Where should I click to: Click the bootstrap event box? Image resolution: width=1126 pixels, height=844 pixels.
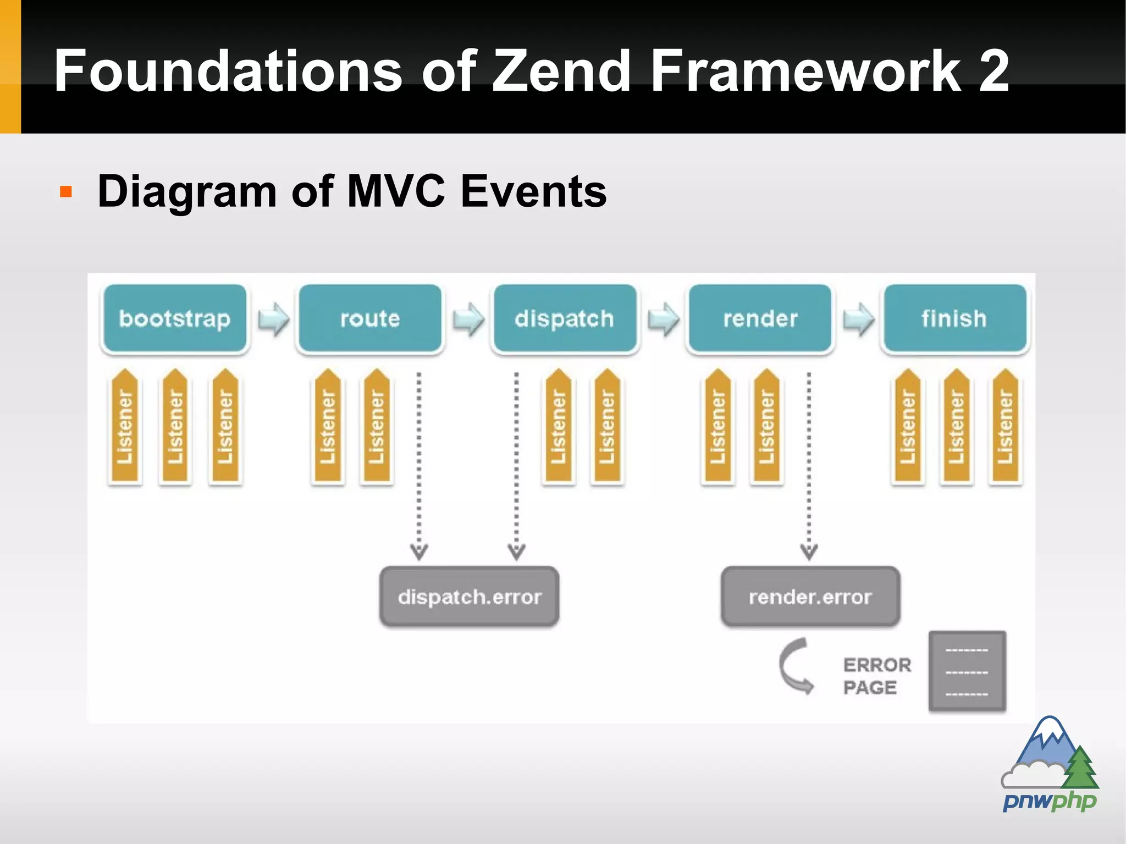point(175,318)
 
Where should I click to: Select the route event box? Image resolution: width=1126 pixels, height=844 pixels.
point(369,318)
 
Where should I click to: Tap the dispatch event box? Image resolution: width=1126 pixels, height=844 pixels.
point(565,318)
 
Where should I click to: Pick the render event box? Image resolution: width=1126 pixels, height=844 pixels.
point(760,318)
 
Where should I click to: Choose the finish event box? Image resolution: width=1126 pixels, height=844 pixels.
point(954,318)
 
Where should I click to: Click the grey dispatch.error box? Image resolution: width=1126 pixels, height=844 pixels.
point(470,597)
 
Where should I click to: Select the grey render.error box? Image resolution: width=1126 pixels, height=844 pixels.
point(810,597)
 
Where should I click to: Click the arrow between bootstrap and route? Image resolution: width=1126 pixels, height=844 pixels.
point(273,319)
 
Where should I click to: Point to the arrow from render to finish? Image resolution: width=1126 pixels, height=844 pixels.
point(858,319)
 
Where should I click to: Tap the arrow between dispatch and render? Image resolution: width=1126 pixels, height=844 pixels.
point(663,319)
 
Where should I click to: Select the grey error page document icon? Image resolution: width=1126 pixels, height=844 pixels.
point(967,671)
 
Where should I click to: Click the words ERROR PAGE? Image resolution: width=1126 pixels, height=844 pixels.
point(876,676)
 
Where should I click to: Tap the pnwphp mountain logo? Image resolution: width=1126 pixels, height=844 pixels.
point(1050,764)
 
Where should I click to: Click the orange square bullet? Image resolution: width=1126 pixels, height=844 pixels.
point(66,192)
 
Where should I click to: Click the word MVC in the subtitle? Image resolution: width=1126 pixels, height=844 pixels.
point(396,191)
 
